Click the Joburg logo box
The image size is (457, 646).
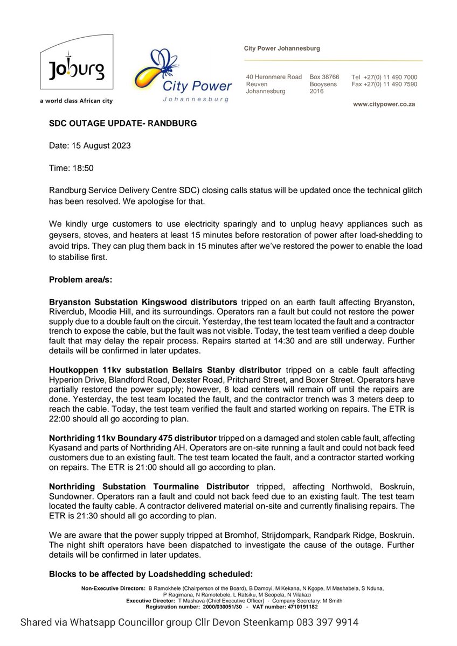pyautogui.click(x=76, y=65)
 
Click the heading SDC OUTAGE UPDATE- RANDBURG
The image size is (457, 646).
pyautogui.click(x=123, y=123)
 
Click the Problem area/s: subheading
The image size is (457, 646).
pyautogui.click(x=82, y=278)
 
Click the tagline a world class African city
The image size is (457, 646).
pyautogui.click(x=76, y=101)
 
